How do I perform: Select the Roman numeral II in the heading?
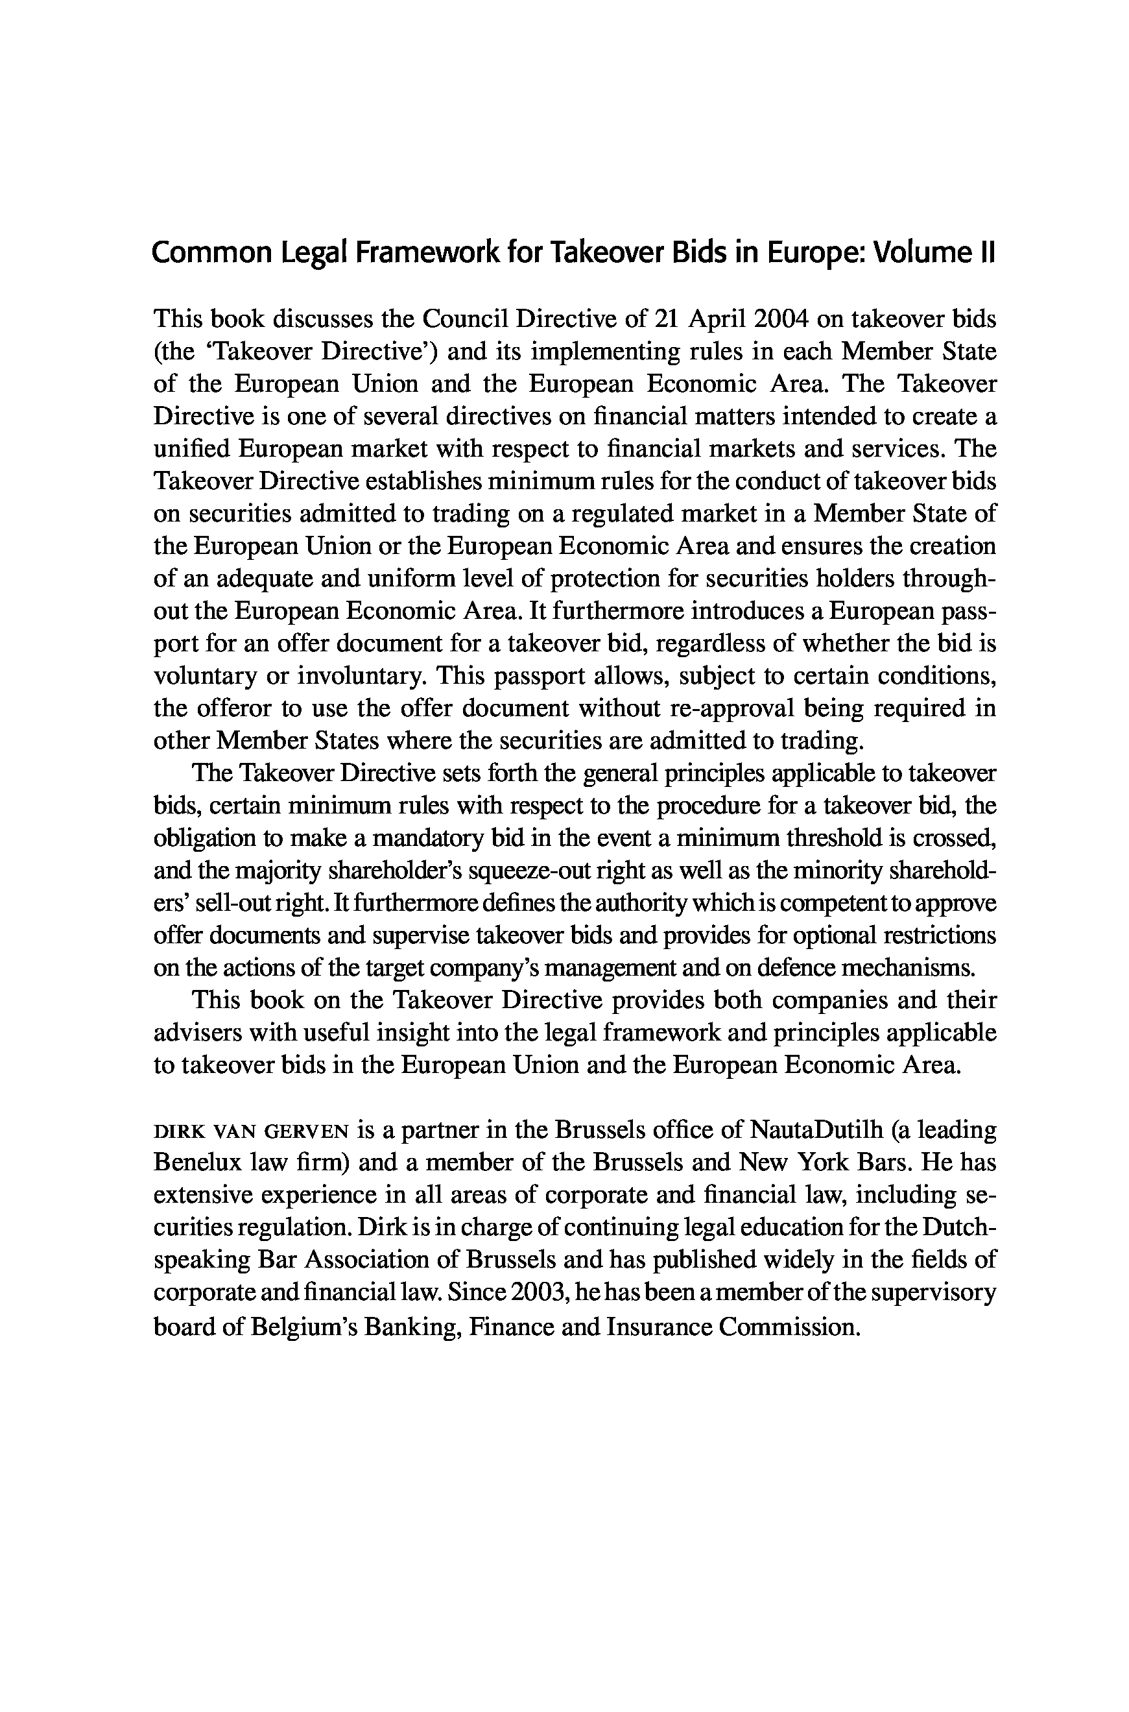coord(986,253)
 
